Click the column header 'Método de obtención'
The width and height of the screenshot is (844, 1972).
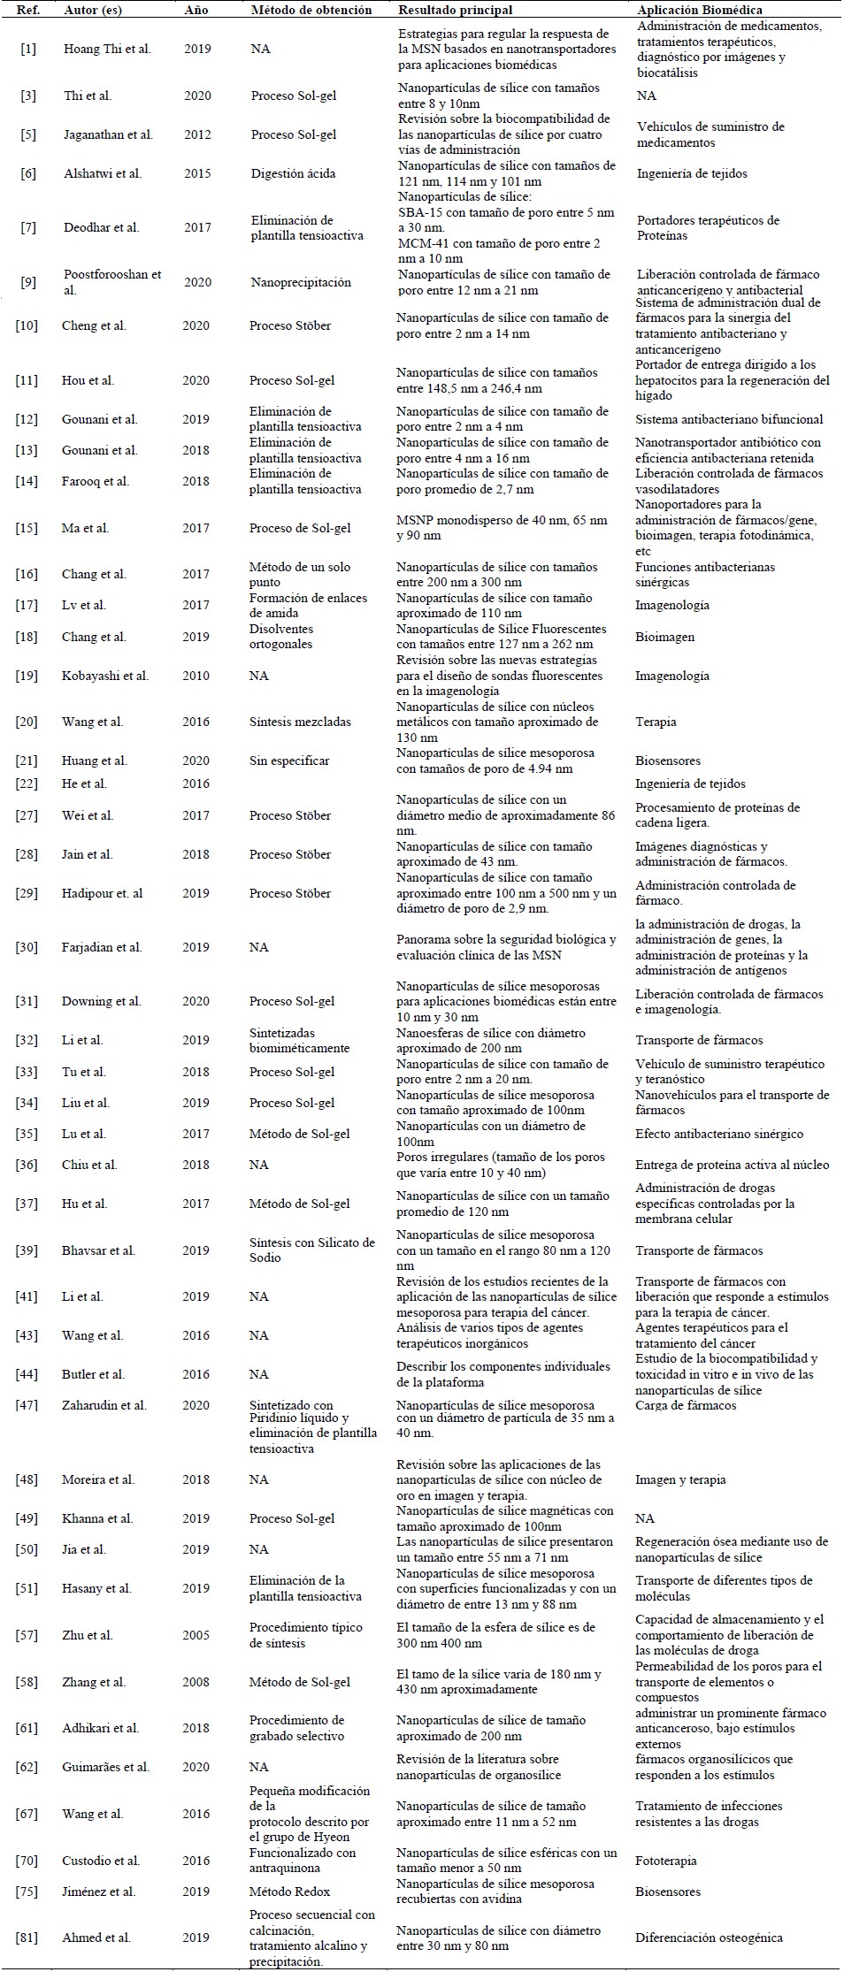pyautogui.click(x=311, y=10)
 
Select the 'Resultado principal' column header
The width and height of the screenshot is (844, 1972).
pyautogui.click(x=455, y=10)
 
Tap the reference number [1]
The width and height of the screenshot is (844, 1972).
pyautogui.click(x=28, y=49)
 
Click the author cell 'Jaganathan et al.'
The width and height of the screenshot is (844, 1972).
pyautogui.click(x=108, y=134)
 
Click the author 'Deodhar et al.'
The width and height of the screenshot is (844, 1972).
pyautogui.click(x=101, y=227)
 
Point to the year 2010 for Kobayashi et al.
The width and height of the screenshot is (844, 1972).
pyautogui.click(x=197, y=676)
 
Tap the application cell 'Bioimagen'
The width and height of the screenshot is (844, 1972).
pyautogui.click(x=664, y=637)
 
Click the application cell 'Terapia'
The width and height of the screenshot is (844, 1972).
pyautogui.click(x=656, y=722)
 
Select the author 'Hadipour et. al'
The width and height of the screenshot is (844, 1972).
pyautogui.click(x=103, y=893)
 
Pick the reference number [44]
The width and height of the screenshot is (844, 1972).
pyautogui.click(x=28, y=1374)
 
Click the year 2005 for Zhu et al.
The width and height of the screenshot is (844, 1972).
pyautogui.click(x=197, y=1635)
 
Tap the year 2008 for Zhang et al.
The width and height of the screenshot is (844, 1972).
pyautogui.click(x=197, y=1682)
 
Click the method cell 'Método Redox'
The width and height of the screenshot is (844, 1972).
pyautogui.click(x=289, y=1892)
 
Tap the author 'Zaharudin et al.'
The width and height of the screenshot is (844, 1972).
pyautogui.click(x=104, y=1405)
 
